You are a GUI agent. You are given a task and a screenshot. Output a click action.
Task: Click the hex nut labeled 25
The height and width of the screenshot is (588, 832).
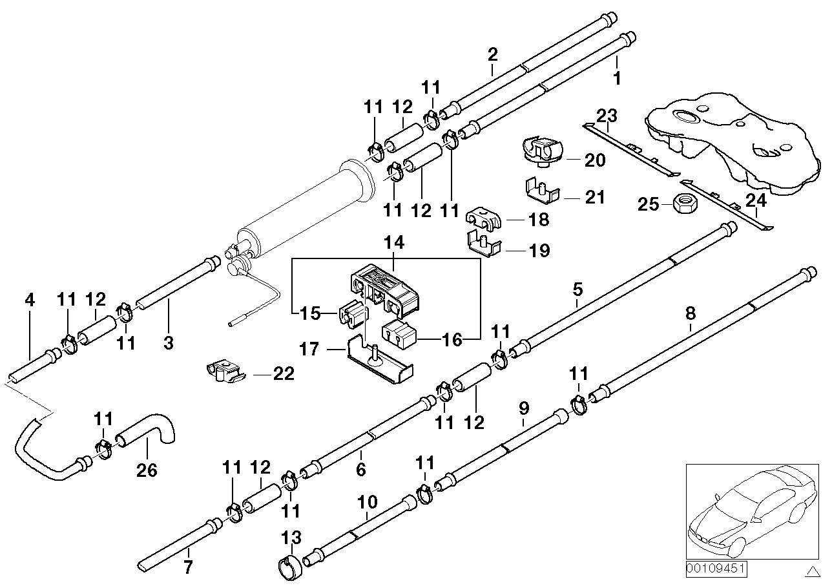[x=683, y=204]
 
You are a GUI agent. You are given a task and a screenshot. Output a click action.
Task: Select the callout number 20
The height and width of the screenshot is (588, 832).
[x=594, y=160]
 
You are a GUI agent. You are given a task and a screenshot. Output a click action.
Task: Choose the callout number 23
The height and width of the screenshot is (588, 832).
[x=607, y=116]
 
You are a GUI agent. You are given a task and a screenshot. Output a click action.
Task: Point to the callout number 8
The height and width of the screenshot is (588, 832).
[x=691, y=314]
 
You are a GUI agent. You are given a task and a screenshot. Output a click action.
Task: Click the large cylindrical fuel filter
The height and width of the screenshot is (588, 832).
[x=304, y=206]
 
